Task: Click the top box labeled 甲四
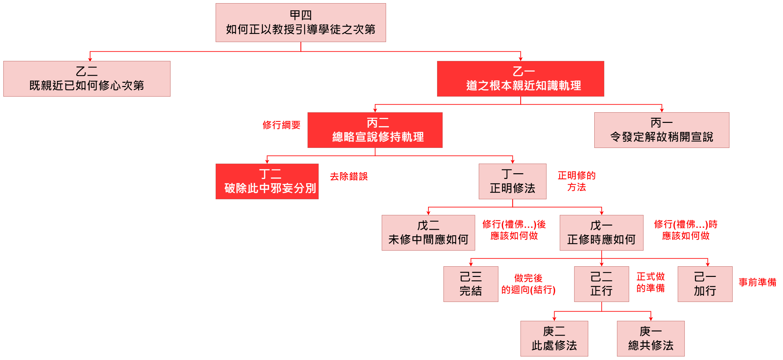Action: pos(301,22)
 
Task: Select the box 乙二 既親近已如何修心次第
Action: pos(87,79)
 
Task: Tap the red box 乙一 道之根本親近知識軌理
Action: pos(520,79)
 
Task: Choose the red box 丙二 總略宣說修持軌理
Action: pos(375,130)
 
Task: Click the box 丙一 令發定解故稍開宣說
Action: pos(661,130)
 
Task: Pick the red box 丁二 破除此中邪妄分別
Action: pos(267,181)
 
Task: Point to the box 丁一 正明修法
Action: pos(512,181)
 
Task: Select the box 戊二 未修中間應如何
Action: pos(428,233)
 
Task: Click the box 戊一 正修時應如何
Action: pos(601,233)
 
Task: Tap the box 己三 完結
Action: pos(470,284)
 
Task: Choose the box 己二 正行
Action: pos(601,284)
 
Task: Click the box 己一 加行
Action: pos(705,284)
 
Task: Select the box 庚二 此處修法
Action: pos(554,339)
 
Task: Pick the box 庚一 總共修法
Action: pos(650,339)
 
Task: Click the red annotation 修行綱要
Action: pos(281,125)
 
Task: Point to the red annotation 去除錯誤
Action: pos(348,176)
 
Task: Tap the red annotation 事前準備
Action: pos(757,282)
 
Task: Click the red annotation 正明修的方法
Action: pos(576,181)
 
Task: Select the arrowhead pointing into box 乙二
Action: pos(90,59)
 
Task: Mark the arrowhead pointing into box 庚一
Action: pos(651,319)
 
